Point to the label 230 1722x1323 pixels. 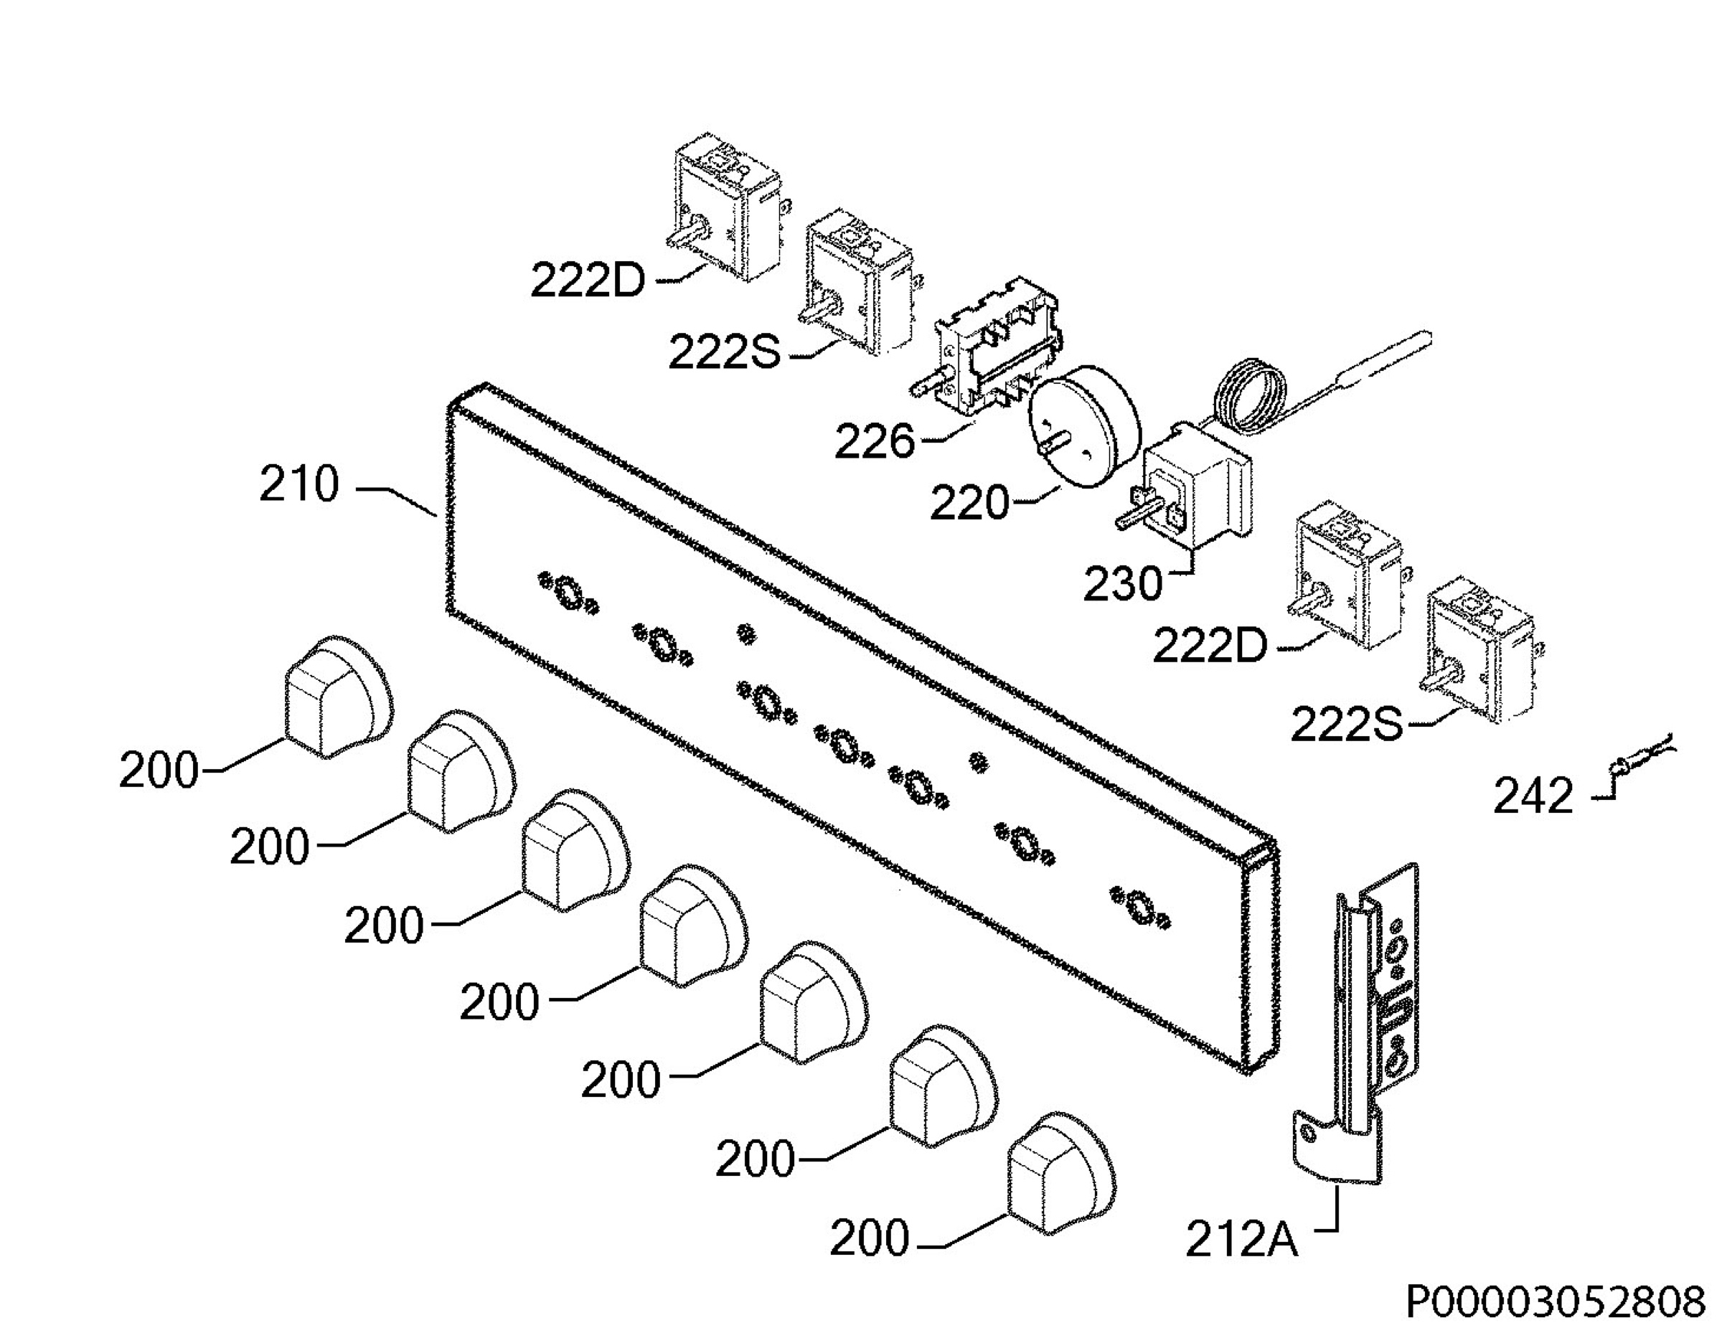(1123, 583)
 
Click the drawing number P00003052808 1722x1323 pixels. (1555, 1301)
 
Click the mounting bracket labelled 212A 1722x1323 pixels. (1361, 1024)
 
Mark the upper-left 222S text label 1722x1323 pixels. (725, 352)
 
